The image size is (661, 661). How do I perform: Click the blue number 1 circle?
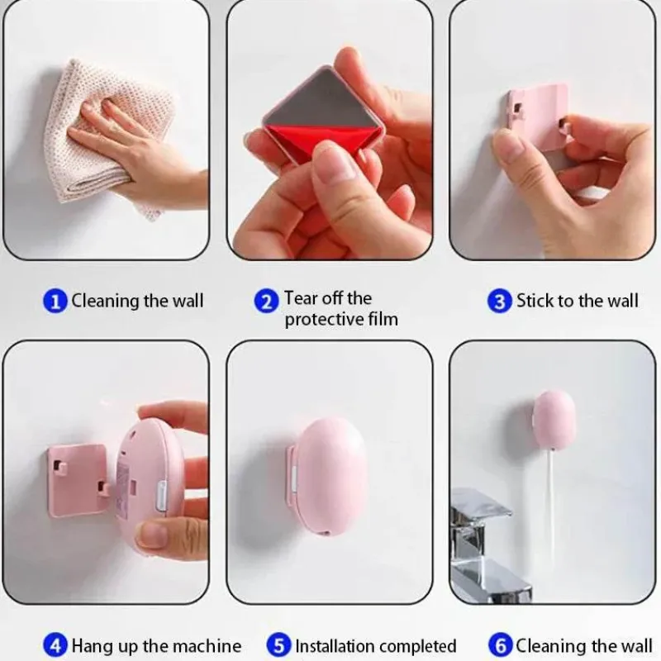click(x=55, y=301)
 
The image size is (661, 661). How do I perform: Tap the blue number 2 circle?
click(x=266, y=301)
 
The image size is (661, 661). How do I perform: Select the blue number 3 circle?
click(x=500, y=301)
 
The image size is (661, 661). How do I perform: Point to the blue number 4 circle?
click(x=55, y=646)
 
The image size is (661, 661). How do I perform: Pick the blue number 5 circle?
click(x=278, y=646)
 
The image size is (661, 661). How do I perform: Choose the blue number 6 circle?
click(x=501, y=646)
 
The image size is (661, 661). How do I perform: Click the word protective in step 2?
click(x=322, y=320)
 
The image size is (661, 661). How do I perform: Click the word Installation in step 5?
click(x=330, y=646)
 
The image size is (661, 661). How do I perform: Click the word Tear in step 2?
click(x=301, y=297)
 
